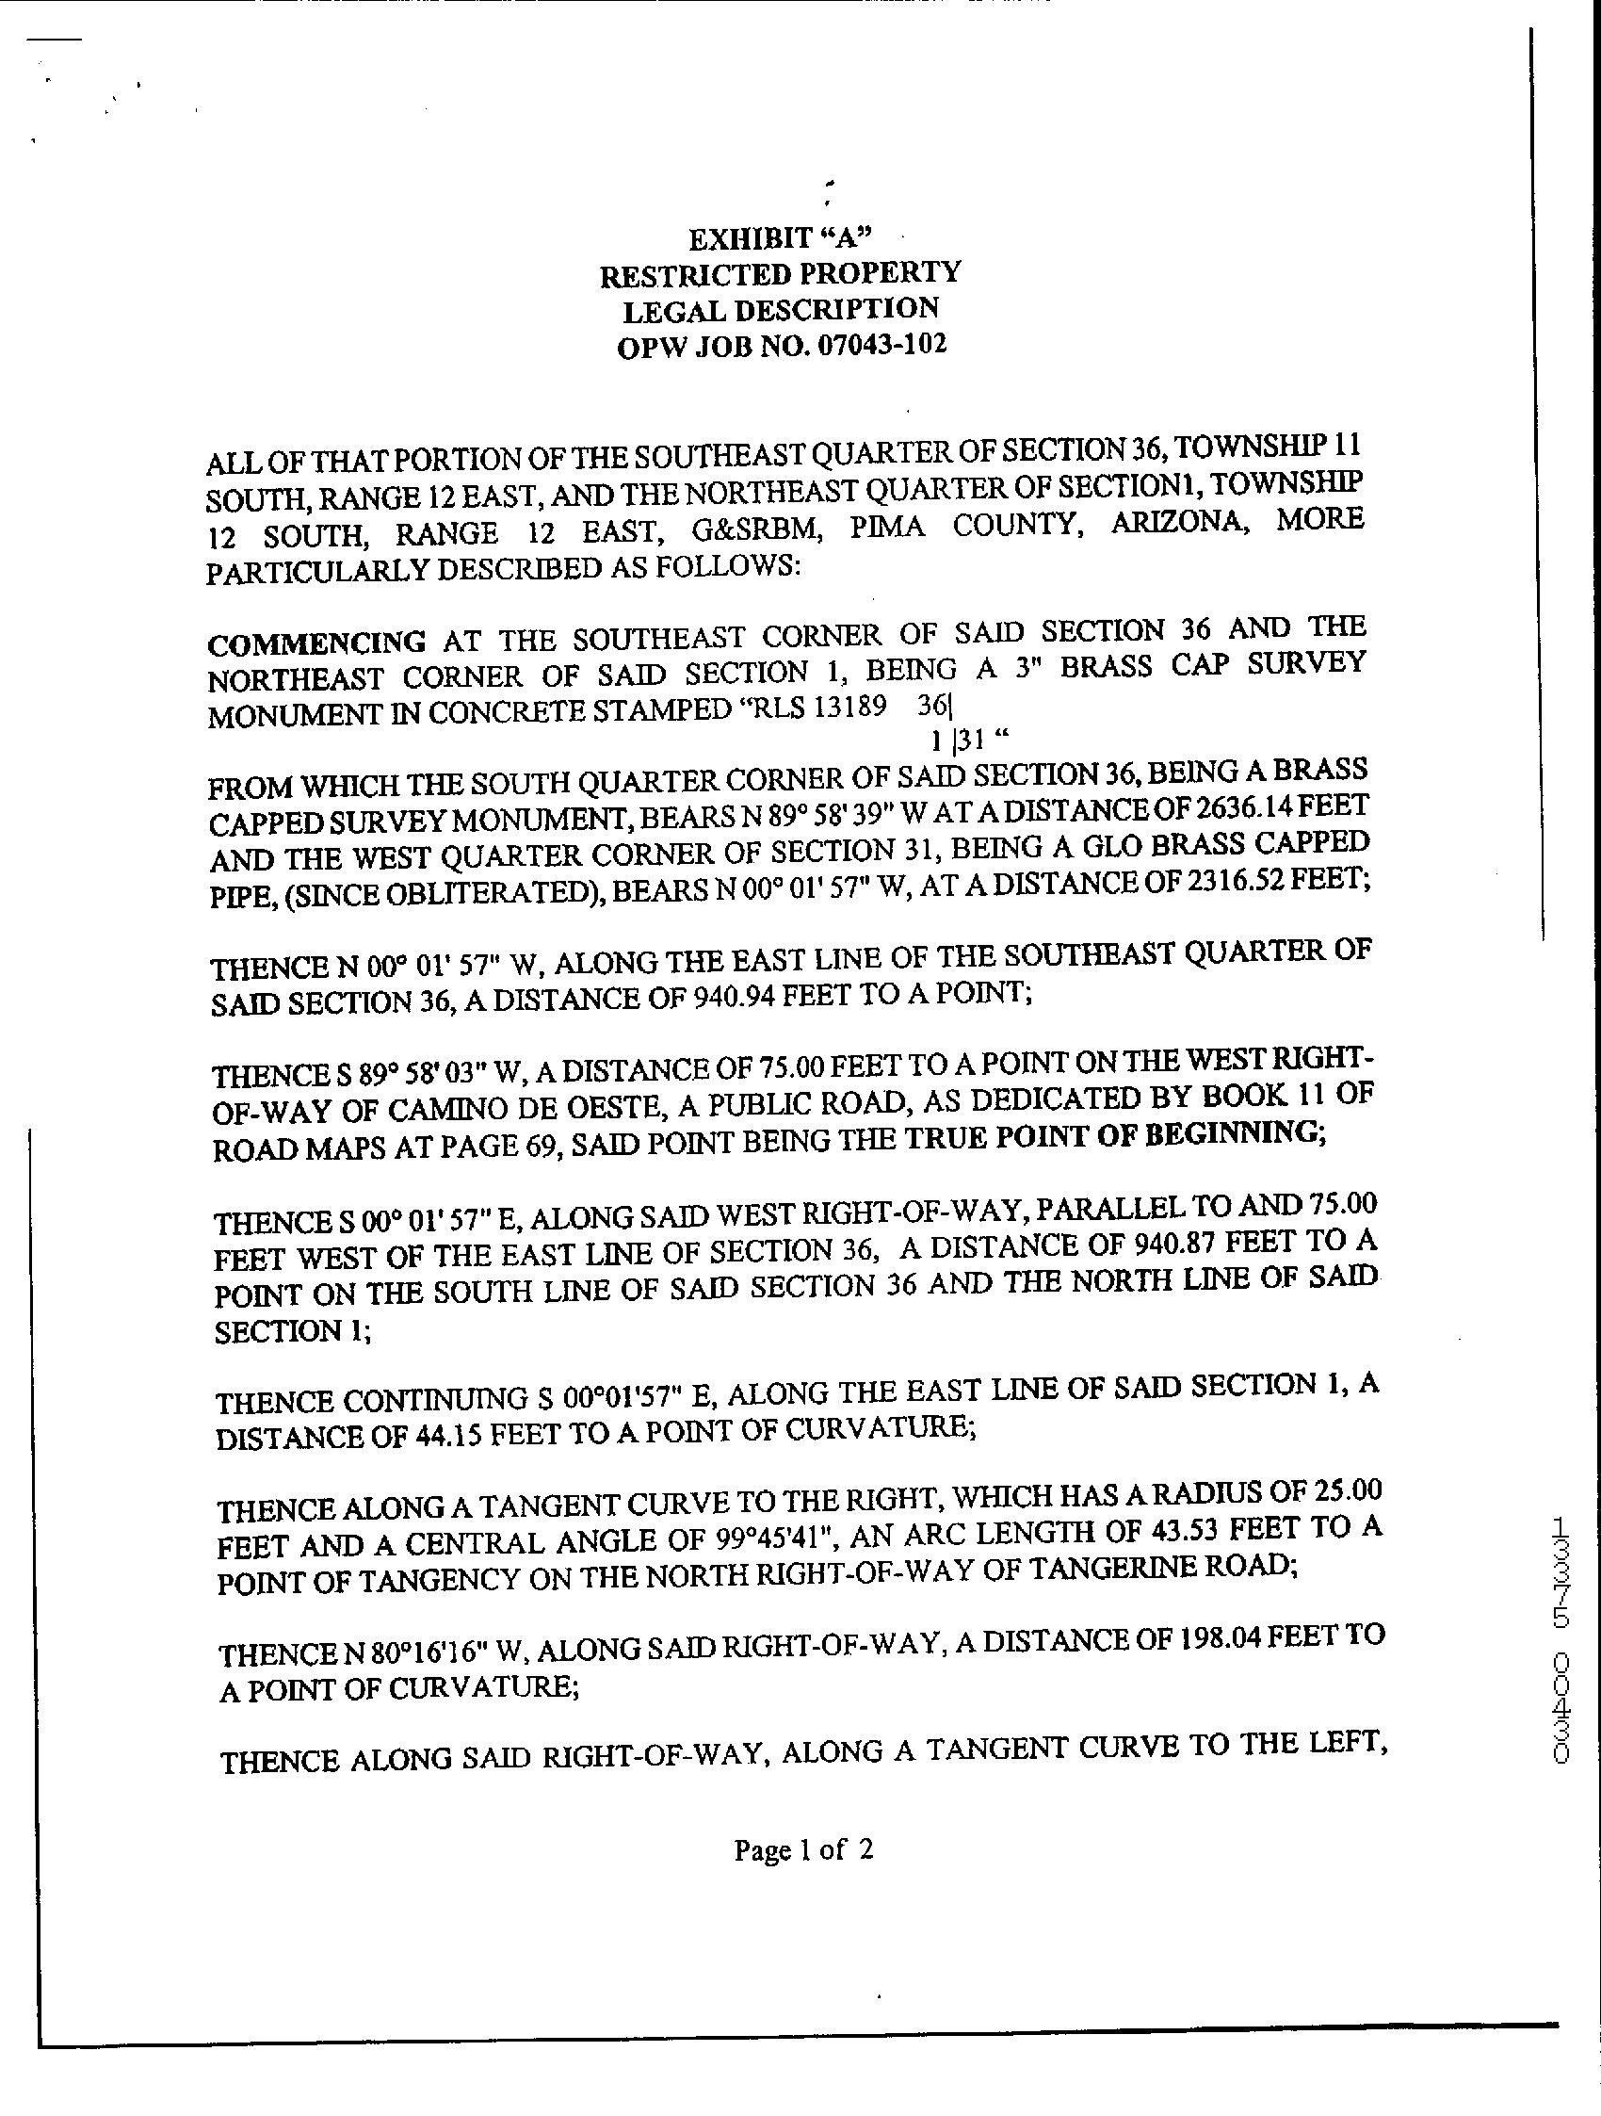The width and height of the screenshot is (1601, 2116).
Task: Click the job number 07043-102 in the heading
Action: (881, 346)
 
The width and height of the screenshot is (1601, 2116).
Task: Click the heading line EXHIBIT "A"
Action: (781, 238)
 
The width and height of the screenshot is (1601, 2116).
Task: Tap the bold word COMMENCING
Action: (316, 642)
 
